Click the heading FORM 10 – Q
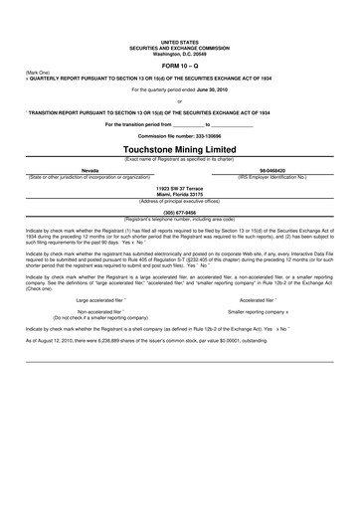179,66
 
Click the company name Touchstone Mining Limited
179,148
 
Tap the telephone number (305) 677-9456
179,212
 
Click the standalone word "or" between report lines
179,100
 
